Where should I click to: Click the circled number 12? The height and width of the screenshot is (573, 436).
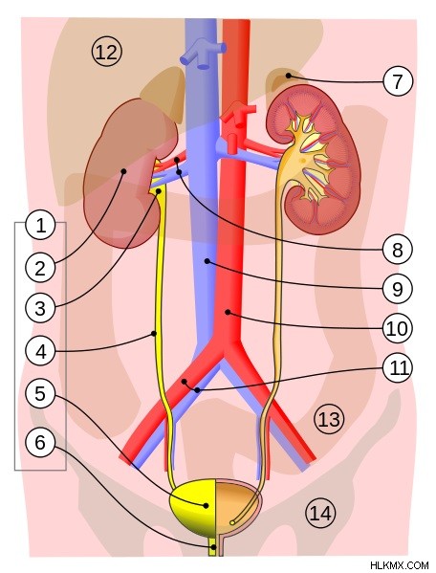pyautogui.click(x=106, y=52)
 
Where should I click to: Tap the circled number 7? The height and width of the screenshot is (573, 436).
pyautogui.click(x=398, y=81)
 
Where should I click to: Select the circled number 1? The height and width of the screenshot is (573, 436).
pyautogui.click(x=40, y=225)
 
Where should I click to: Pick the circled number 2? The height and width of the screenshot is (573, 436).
pyautogui.click(x=40, y=268)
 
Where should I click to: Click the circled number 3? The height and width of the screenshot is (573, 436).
pyautogui.click(x=40, y=308)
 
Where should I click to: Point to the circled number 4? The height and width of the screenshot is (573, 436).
pyautogui.click(x=40, y=352)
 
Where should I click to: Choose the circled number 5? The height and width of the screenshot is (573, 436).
pyautogui.click(x=40, y=393)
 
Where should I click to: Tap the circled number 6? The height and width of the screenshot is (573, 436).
pyautogui.click(x=40, y=443)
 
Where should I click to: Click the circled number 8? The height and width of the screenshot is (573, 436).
pyautogui.click(x=398, y=250)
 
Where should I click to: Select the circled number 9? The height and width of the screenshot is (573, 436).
pyautogui.click(x=398, y=289)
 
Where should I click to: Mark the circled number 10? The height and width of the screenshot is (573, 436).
pyautogui.click(x=398, y=328)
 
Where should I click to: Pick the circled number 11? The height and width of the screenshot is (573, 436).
pyautogui.click(x=398, y=368)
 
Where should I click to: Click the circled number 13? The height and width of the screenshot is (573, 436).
pyautogui.click(x=329, y=419)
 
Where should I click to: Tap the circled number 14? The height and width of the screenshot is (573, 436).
pyautogui.click(x=320, y=513)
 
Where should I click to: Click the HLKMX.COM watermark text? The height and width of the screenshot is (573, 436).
pyautogui.click(x=399, y=565)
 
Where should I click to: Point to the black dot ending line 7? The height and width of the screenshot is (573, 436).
pyautogui.click(x=289, y=76)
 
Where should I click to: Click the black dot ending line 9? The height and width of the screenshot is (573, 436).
pyautogui.click(x=207, y=261)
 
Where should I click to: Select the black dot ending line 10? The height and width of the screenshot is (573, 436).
pyautogui.click(x=228, y=312)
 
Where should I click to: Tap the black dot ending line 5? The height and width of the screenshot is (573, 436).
pyautogui.click(x=206, y=506)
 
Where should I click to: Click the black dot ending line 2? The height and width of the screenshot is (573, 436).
pyautogui.click(x=123, y=170)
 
